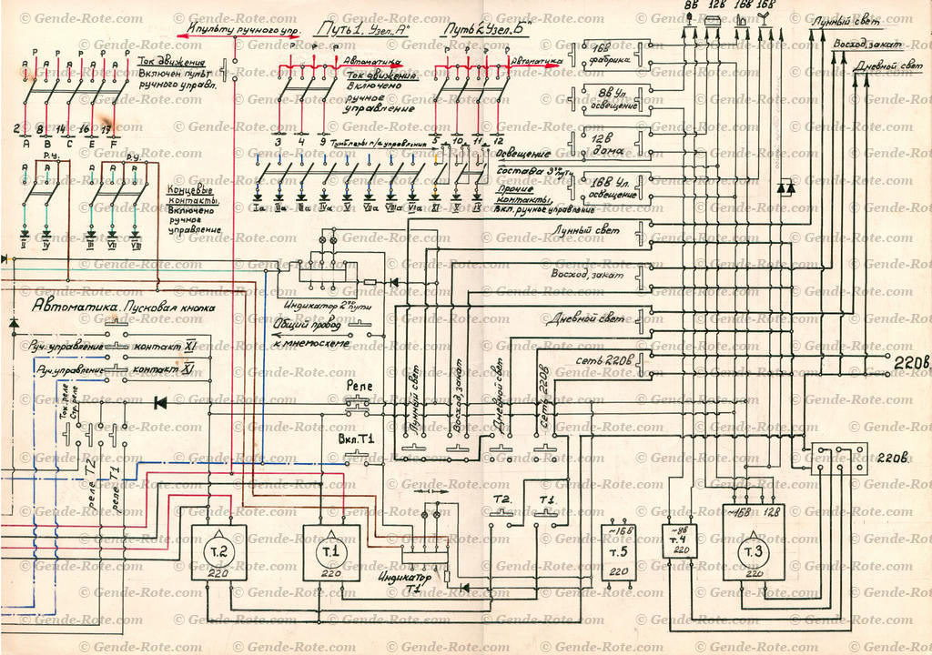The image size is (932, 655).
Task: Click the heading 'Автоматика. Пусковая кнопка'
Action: (x=123, y=307)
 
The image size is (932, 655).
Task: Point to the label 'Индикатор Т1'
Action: (x=400, y=580)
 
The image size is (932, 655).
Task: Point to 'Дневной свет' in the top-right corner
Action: (x=886, y=65)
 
